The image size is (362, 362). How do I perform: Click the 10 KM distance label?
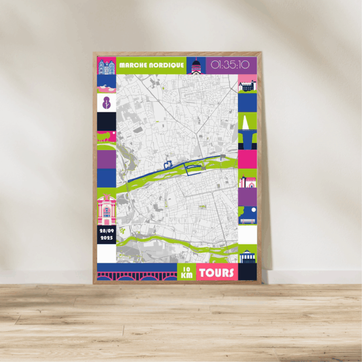(x=186, y=272)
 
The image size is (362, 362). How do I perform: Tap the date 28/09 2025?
(x=106, y=234)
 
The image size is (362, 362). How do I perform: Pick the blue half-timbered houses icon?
(x=106, y=66)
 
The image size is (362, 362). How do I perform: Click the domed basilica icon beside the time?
(x=196, y=66)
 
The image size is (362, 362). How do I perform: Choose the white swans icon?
(x=106, y=85)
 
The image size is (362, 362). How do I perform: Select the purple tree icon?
(x=106, y=102)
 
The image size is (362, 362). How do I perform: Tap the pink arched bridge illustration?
(x=137, y=276)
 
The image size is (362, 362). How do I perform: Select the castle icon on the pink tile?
(x=248, y=86)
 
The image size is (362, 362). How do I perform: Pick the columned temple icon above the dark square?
(x=248, y=257)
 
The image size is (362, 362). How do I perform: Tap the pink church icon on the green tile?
(x=248, y=181)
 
